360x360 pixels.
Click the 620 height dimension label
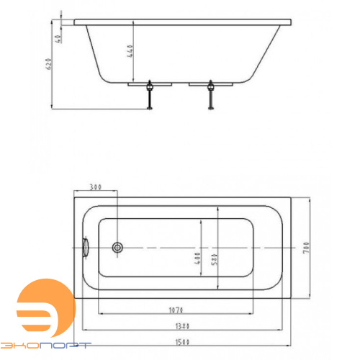[x=48, y=63]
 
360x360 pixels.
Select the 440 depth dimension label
[x=130, y=51]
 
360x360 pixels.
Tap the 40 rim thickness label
[x=58, y=39]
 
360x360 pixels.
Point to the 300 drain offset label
[x=96, y=186]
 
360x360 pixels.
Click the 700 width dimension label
[x=306, y=248]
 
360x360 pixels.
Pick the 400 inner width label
[x=197, y=258]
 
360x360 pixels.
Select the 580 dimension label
[x=214, y=259]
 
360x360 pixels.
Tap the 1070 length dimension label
[x=176, y=310]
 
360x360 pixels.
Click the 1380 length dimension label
[x=182, y=326]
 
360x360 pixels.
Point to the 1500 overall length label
[x=182, y=342]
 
